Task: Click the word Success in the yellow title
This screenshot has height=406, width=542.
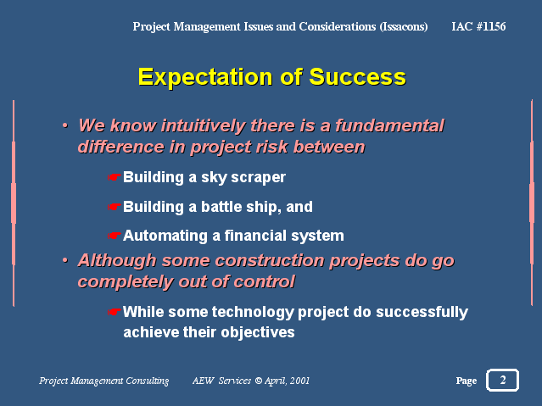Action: (357, 77)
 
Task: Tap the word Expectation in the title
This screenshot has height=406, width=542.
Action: (205, 77)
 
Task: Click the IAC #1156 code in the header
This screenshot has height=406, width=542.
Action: (478, 26)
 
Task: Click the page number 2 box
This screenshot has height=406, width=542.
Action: (503, 380)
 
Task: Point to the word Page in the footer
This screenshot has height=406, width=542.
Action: (467, 381)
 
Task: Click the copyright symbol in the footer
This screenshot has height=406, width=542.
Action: (259, 381)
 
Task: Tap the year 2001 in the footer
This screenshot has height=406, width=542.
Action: (299, 381)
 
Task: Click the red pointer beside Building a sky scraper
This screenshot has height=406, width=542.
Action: (114, 177)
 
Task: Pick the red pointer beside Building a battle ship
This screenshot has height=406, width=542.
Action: (114, 207)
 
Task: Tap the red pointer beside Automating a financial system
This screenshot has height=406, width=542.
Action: (114, 236)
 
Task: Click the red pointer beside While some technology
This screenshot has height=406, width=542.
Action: (114, 312)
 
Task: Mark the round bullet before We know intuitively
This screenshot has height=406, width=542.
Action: (65, 125)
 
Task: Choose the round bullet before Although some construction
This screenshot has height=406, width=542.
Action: (65, 260)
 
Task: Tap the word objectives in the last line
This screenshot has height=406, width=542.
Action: (258, 333)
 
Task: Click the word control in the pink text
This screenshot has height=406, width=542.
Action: (265, 281)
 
